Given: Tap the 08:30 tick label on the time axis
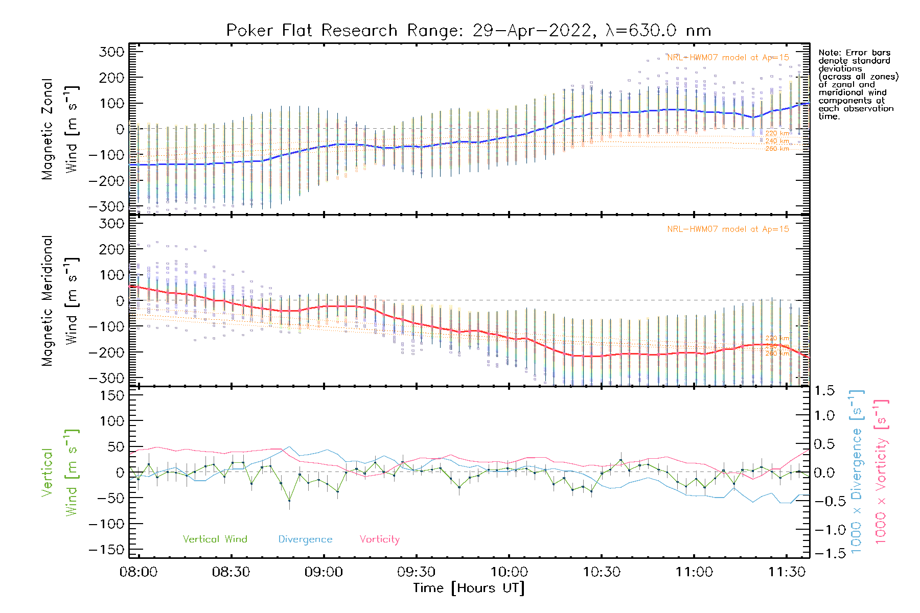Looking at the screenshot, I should pos(231,572).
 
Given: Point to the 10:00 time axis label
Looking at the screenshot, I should pos(509,572).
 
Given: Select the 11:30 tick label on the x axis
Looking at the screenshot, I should pos(787,572).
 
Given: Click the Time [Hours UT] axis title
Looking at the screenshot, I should pos(469,588).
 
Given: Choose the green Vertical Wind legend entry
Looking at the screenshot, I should pos(215,539).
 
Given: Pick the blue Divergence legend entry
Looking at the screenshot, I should pos(305,539).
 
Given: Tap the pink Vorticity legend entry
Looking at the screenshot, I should pos(379,539).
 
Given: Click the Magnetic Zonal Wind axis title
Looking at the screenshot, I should pos(59,129).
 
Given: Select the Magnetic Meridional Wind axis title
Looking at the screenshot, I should pos(59,301).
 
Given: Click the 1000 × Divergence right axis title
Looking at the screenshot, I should pos(857,471).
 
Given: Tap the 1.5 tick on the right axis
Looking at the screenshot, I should pos(824,391).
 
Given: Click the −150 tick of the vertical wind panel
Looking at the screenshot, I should pos(106,550).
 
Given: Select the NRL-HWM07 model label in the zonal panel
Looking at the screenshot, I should pos(728,57).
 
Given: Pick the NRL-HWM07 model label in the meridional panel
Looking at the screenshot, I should pos(728,229).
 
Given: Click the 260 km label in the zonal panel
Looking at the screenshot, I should pos(777,149).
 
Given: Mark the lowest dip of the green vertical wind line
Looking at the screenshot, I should pos(289,501).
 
